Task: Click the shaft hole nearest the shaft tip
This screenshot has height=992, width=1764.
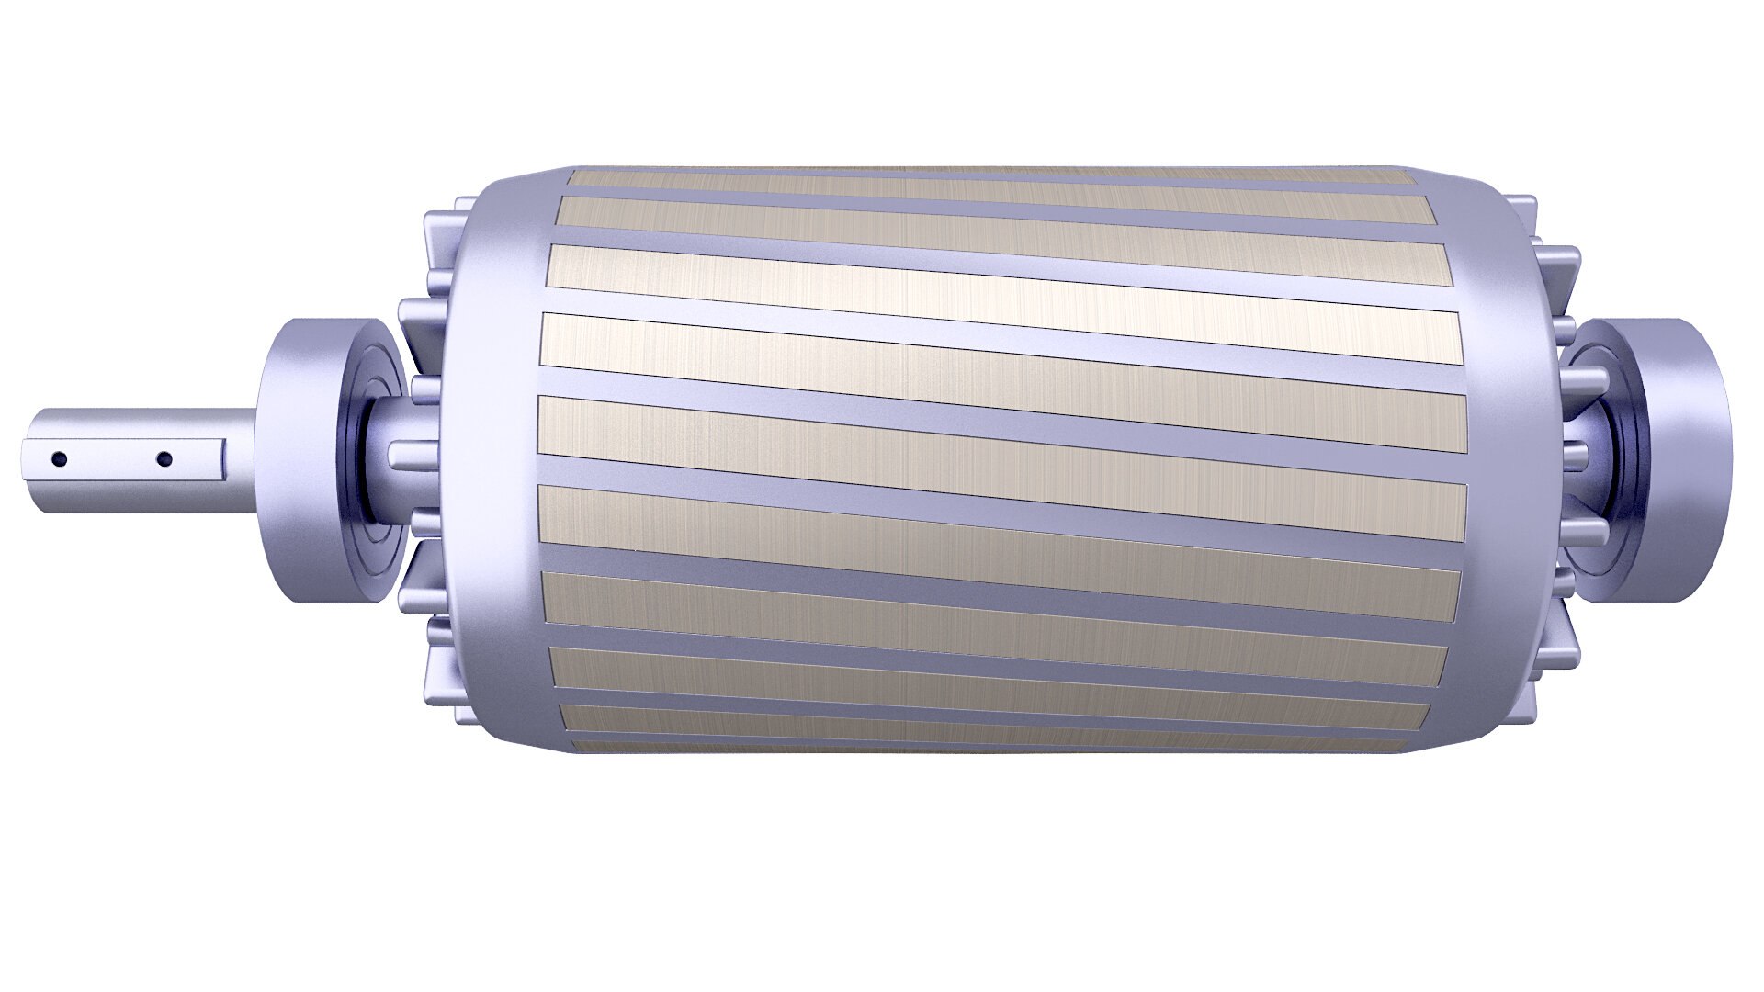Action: point(59,458)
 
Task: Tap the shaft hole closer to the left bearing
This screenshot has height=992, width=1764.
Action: point(164,458)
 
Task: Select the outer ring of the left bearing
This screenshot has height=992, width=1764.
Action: point(303,459)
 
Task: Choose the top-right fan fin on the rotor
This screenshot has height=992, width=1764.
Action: point(1521,217)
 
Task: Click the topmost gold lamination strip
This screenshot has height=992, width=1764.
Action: point(992,175)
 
